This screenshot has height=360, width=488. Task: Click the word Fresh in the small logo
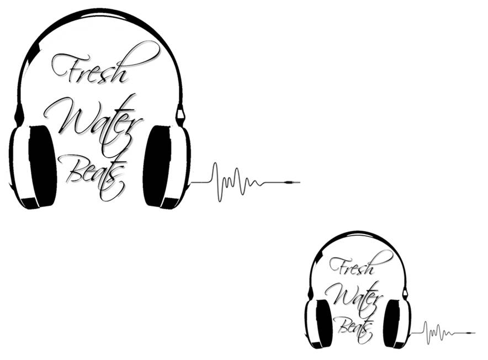coord(353,266)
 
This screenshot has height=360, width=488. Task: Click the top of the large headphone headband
coord(99,12)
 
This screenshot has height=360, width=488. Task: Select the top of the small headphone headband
coord(358,234)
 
